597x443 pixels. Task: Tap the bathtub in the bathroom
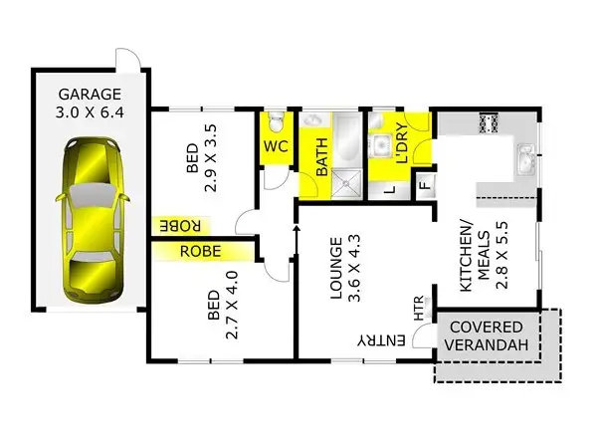point(346,138)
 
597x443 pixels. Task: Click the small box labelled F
point(423,184)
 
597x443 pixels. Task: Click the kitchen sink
point(525,156)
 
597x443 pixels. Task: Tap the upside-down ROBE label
point(181,225)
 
